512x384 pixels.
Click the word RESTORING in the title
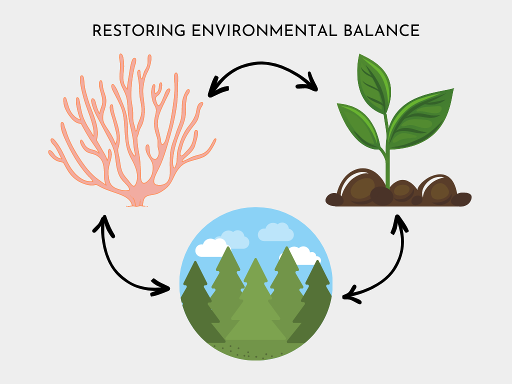click(x=139, y=30)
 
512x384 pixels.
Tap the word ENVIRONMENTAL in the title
click(x=264, y=30)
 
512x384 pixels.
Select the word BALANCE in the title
click(x=381, y=30)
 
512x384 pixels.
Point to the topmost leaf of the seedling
click(x=373, y=84)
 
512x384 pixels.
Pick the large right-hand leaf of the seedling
click(x=421, y=119)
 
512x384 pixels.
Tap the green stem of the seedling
click(x=387, y=153)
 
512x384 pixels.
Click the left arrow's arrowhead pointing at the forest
click(x=160, y=287)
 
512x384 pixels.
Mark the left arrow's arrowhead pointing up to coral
click(x=104, y=225)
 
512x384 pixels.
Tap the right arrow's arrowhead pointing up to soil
click(x=399, y=224)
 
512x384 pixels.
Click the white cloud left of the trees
click(x=211, y=247)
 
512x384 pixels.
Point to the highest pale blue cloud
click(x=276, y=232)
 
